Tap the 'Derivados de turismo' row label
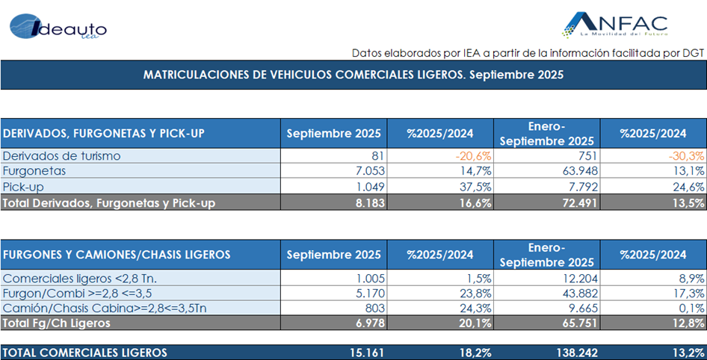pos(62,155)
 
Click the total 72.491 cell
pos(574,202)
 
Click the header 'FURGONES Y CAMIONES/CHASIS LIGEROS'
pos(116,255)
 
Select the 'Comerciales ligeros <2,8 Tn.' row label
pos(82,277)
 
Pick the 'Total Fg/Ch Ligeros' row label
pos(58,323)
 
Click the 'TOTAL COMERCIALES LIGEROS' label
pos(86,353)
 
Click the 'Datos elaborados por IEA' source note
pos(528,52)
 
